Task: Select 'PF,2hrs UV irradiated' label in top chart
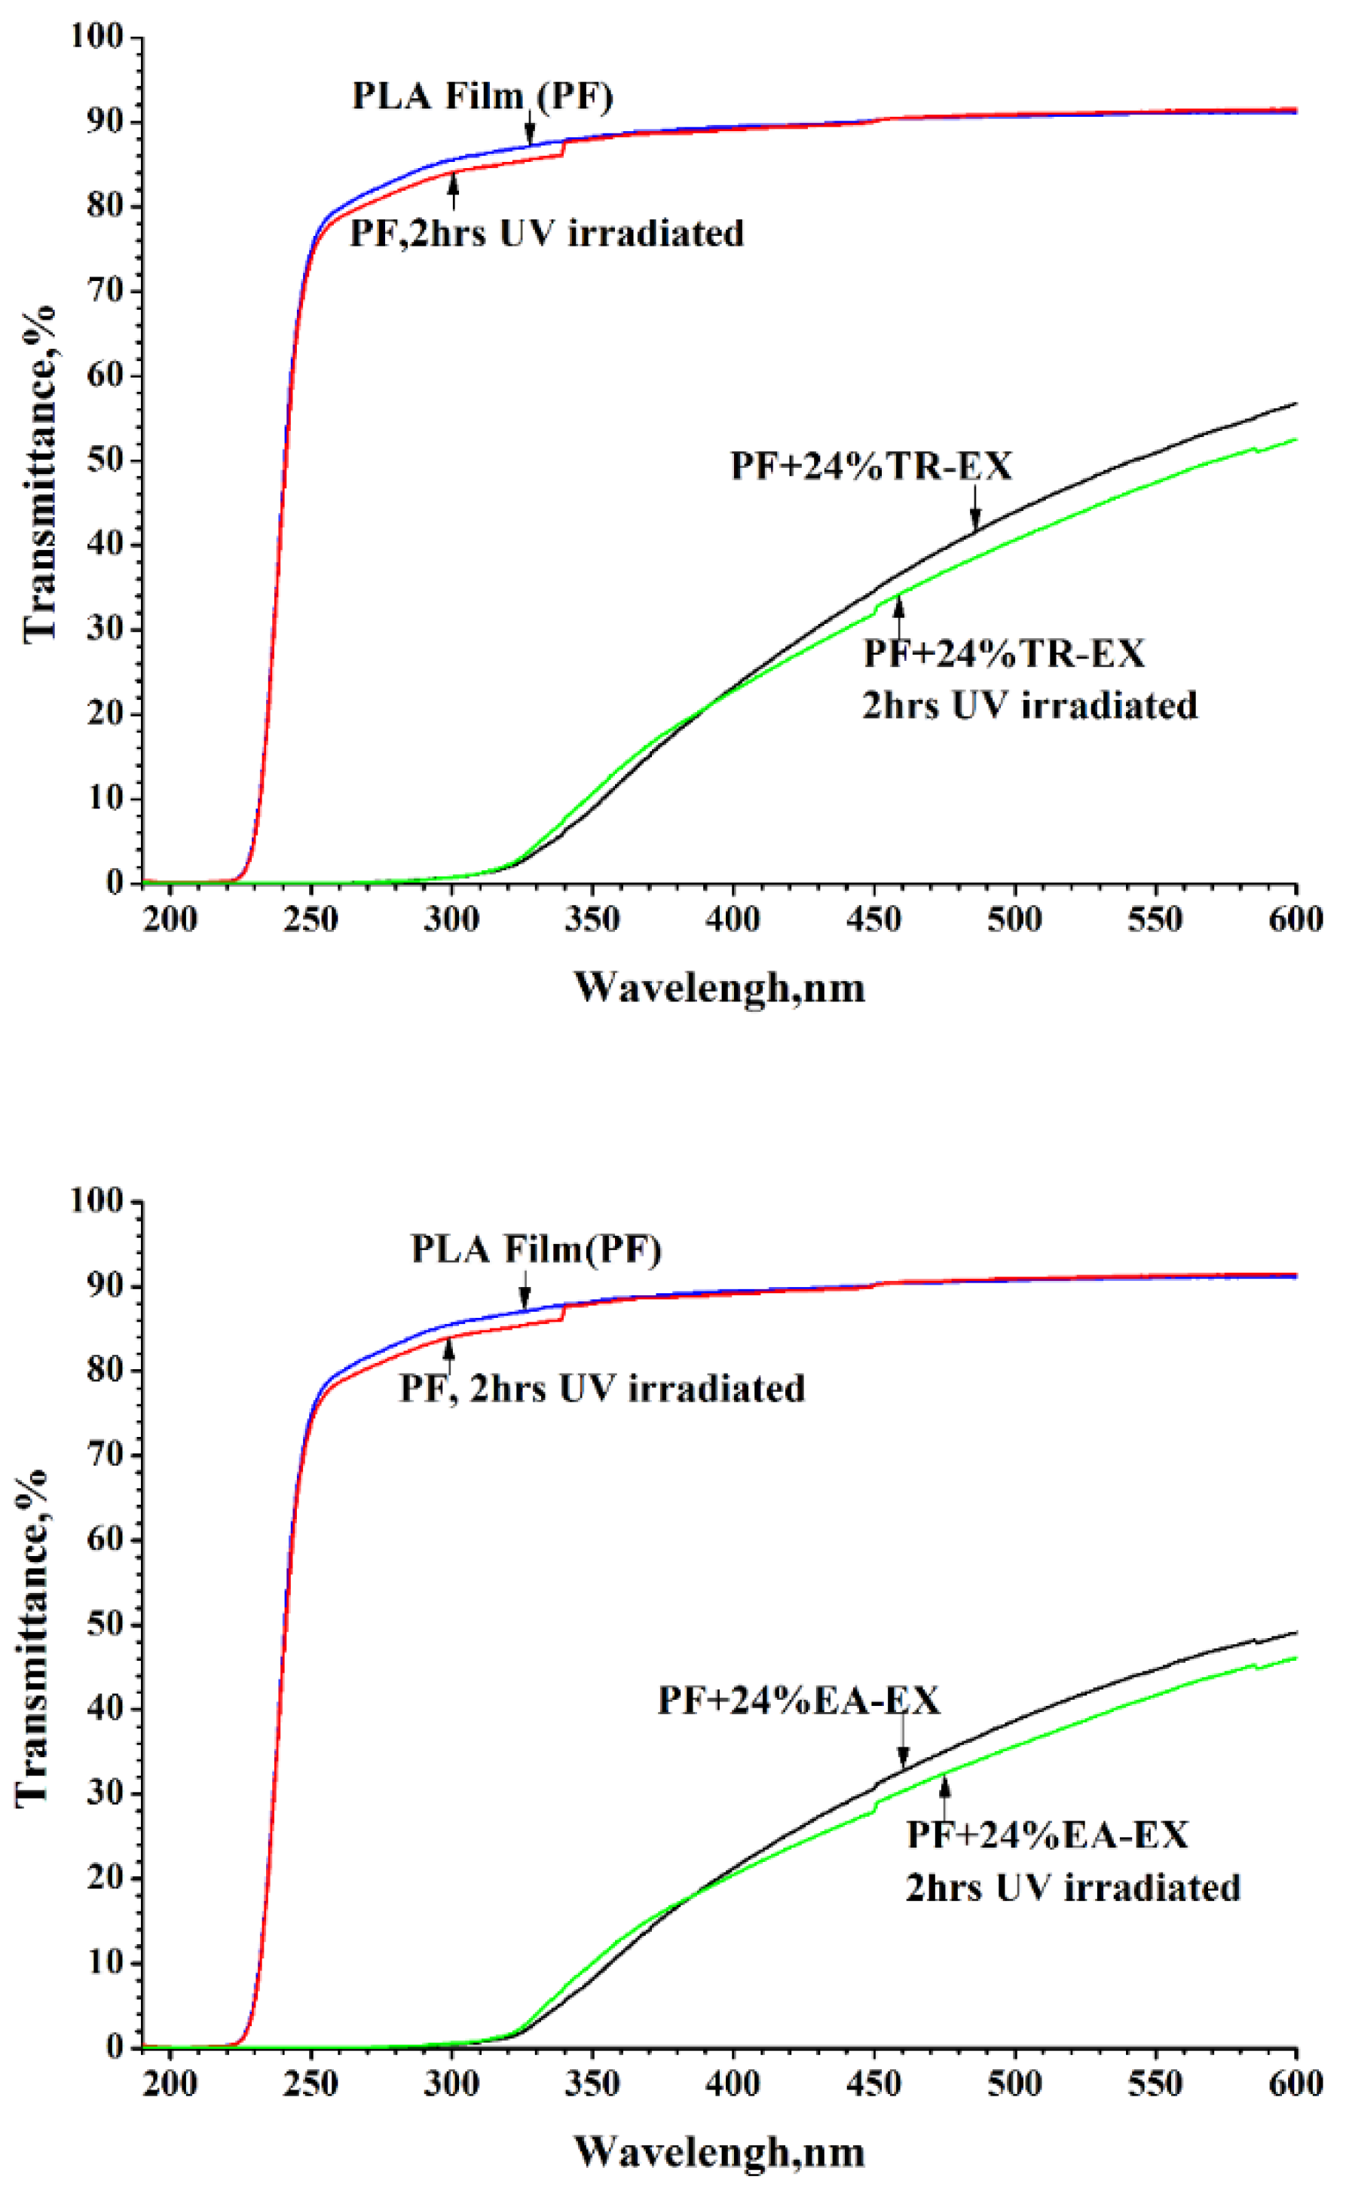click(x=546, y=234)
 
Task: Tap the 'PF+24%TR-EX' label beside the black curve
click(x=871, y=466)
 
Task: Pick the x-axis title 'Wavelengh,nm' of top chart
click(x=719, y=988)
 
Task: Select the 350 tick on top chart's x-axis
click(x=592, y=919)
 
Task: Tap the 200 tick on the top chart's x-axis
click(x=170, y=919)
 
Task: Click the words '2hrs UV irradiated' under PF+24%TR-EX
click(x=1029, y=705)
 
